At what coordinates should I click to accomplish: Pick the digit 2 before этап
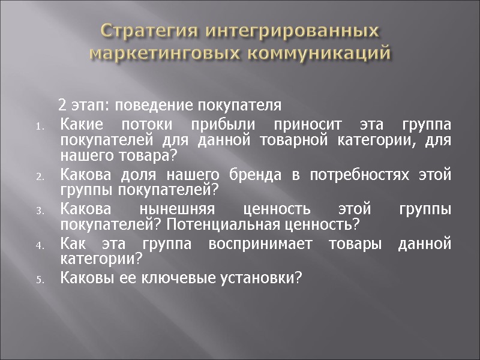pyautogui.click(x=62, y=106)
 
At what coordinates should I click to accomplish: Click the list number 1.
pyautogui.click(x=38, y=127)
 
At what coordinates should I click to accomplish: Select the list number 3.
pyautogui.click(x=38, y=211)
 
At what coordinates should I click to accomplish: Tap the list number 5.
pyautogui.click(x=38, y=279)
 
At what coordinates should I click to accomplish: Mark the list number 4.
pyautogui.click(x=38, y=245)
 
